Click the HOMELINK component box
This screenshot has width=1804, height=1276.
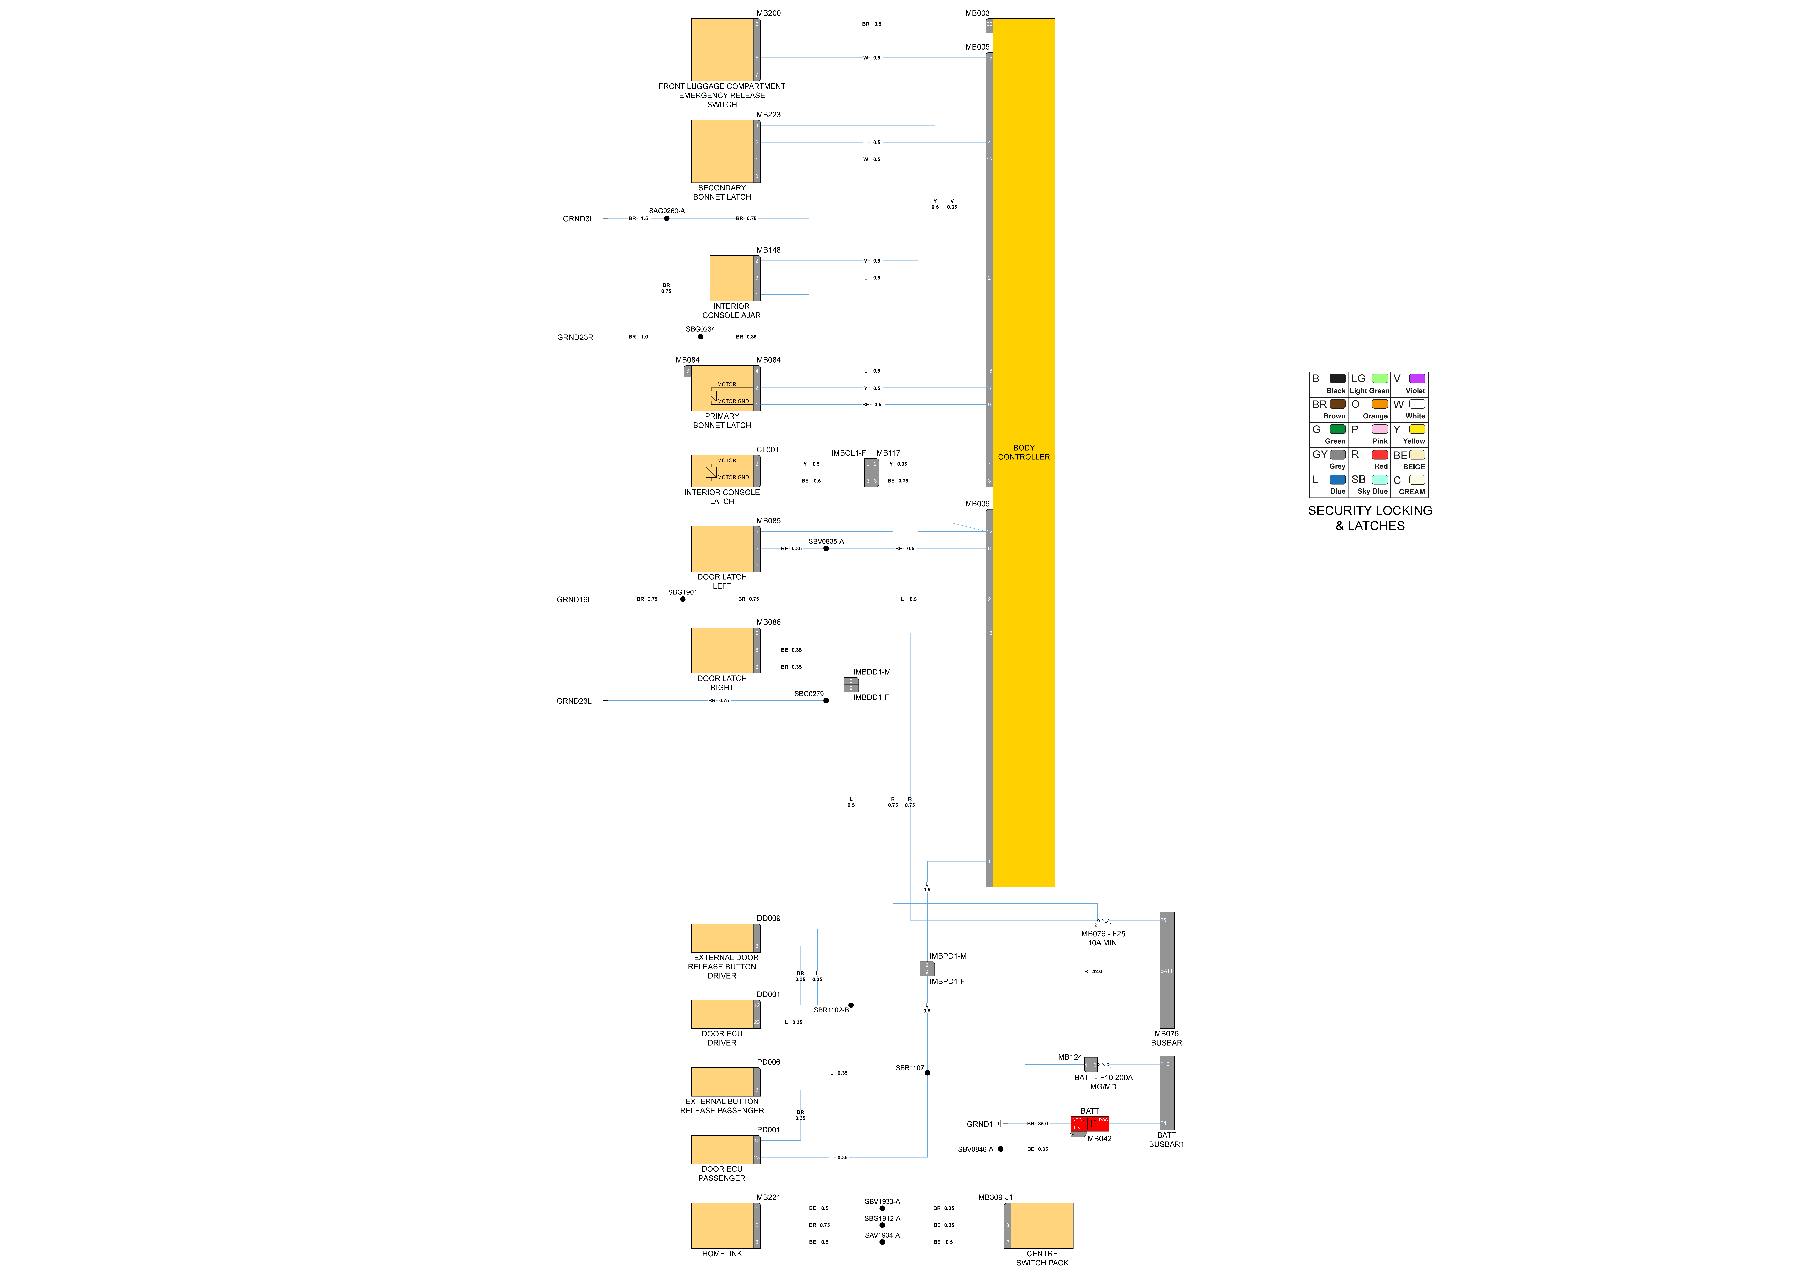(x=721, y=1225)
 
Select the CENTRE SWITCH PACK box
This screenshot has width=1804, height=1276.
(x=1041, y=1225)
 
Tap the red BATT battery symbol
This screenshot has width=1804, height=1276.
(x=1090, y=1124)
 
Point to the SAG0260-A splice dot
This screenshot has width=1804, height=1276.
(x=666, y=218)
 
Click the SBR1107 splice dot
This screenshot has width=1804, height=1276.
(x=927, y=1073)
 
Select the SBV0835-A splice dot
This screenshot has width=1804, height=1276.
(x=826, y=548)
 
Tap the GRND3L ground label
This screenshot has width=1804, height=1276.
(x=577, y=219)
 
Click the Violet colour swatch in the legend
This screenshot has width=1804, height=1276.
(x=1417, y=379)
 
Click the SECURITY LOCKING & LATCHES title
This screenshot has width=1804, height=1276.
(x=1369, y=518)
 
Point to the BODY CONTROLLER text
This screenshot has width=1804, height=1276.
(x=1023, y=453)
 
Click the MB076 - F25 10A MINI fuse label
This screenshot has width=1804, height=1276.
(x=1102, y=938)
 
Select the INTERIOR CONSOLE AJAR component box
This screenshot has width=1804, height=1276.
(x=731, y=278)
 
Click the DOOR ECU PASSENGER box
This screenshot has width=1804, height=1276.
(x=721, y=1150)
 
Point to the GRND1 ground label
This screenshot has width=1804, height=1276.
(x=979, y=1124)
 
